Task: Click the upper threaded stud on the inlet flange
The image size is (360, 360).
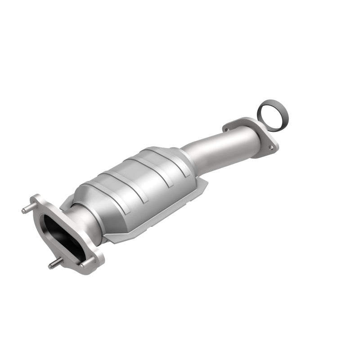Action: (x=27, y=208)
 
